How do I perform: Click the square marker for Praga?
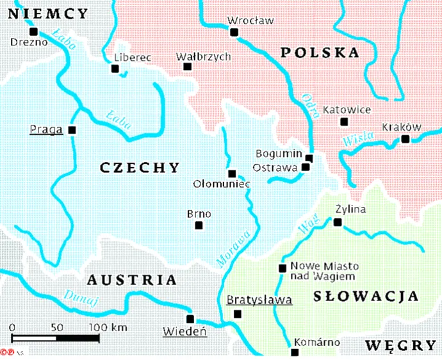coord(71,130)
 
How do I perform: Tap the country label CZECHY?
coord(140,168)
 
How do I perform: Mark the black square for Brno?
coord(199,225)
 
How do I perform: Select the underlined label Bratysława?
coord(259,300)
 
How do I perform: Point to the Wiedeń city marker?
coord(190,318)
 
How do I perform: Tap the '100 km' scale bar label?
coord(108,327)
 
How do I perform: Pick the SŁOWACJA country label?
coord(366,296)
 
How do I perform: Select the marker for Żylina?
coord(338,222)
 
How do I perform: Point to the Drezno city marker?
coord(34,31)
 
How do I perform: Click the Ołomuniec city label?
coord(221,184)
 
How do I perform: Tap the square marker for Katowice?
coord(344,122)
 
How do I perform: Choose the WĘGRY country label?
coord(400,346)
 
